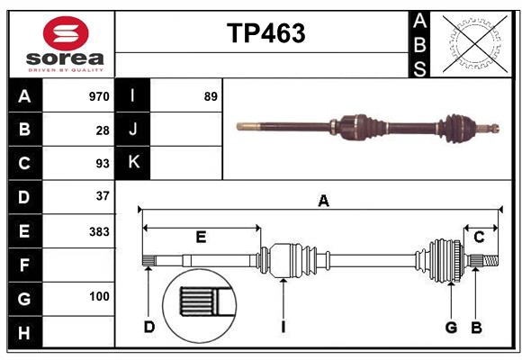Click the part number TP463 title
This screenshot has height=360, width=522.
(265, 33)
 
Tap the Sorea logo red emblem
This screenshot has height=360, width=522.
(66, 35)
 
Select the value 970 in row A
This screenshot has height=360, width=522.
(98, 96)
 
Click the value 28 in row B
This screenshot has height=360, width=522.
(102, 130)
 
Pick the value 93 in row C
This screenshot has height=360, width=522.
(102, 164)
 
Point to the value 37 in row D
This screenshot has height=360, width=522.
(102, 195)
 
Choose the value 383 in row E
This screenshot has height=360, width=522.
(98, 230)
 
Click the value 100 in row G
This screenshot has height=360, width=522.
(98, 296)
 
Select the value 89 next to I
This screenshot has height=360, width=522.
(211, 96)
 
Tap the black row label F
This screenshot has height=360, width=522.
(24, 265)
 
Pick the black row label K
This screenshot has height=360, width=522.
(133, 163)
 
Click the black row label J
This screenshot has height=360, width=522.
(133, 130)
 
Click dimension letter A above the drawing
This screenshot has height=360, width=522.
(323, 202)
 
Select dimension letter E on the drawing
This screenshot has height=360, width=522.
(201, 237)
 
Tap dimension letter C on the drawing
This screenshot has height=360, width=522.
(479, 237)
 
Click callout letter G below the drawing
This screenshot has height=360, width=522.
(451, 327)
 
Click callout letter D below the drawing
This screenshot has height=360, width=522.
(149, 327)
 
